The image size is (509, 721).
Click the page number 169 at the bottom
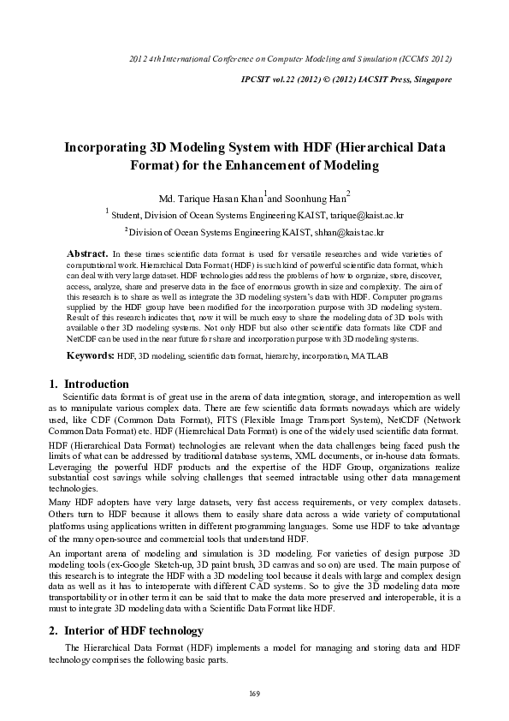pyautogui.click(x=254, y=693)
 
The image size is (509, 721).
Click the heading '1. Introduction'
pyautogui.click(x=89, y=384)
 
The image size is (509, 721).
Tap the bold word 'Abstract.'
pyautogui.click(x=87, y=254)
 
